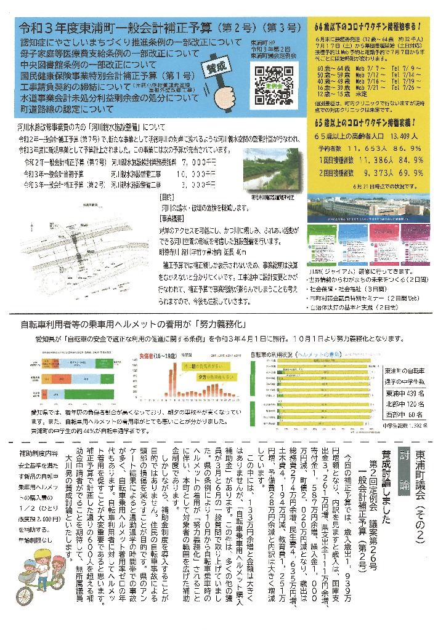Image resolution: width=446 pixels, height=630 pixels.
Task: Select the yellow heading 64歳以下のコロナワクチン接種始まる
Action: (x=367, y=28)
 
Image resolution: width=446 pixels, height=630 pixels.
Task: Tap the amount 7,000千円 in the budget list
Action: (x=195, y=162)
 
